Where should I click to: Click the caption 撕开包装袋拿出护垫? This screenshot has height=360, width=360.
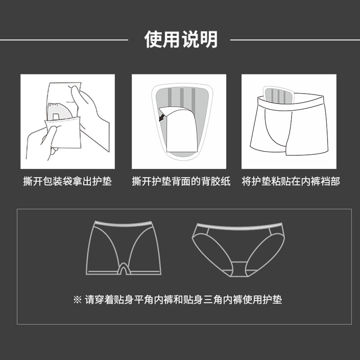(x=67, y=182)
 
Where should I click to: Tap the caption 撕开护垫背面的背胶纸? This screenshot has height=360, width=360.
(x=181, y=182)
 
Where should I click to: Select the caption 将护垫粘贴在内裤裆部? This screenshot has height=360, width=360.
(x=290, y=182)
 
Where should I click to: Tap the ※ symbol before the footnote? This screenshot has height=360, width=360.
(x=77, y=299)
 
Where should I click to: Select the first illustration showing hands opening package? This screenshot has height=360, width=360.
(x=67, y=121)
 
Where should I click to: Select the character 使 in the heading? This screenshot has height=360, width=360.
(x=153, y=40)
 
